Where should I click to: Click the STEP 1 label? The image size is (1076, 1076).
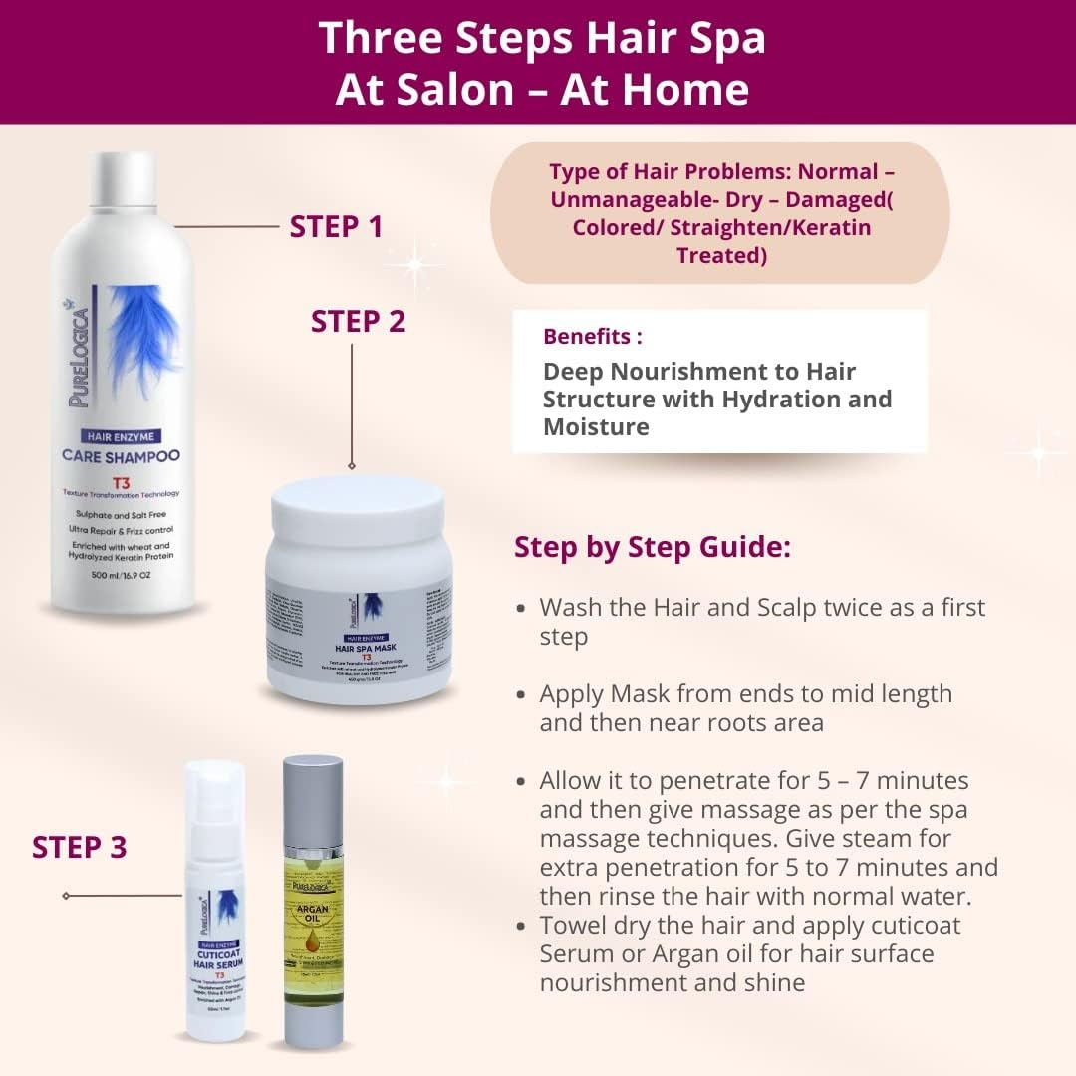336,226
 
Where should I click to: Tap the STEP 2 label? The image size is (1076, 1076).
358,321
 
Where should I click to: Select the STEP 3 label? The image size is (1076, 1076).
79,847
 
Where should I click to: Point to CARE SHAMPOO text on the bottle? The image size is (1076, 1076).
121,457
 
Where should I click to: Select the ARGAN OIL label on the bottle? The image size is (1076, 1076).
312,915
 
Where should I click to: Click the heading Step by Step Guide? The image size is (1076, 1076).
652,547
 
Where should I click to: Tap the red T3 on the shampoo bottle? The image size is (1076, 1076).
121,480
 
